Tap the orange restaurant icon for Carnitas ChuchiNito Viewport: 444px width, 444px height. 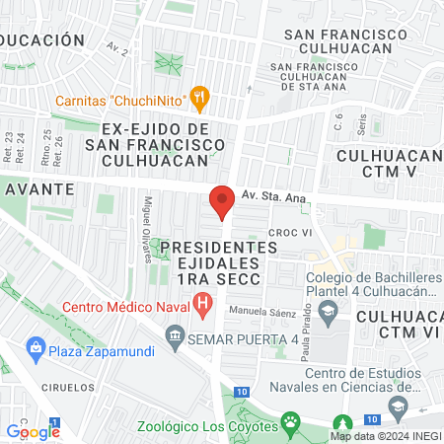(x=200, y=97)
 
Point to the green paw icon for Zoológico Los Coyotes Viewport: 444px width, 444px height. (x=291, y=425)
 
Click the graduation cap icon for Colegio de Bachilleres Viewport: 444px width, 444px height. (x=330, y=312)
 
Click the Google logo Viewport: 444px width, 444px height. (x=33, y=430)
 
